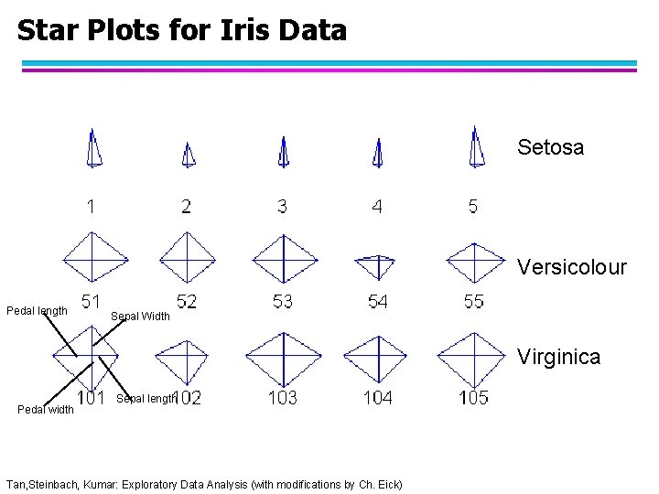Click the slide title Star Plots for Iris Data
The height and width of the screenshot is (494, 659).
point(182,31)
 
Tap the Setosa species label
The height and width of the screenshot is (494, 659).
point(550,147)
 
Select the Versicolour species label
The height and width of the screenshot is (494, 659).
point(571,267)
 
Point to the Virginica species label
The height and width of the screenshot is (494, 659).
point(558,357)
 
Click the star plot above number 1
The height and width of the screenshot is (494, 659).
point(93,148)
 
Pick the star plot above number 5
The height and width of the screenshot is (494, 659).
point(475,148)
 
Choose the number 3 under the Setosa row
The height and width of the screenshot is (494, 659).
point(282,207)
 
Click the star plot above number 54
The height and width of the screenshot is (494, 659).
point(375,264)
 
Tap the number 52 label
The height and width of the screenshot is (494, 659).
point(186,302)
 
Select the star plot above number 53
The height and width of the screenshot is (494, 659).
point(284,259)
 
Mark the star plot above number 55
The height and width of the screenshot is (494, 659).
point(474,261)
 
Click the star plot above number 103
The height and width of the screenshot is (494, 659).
point(284,358)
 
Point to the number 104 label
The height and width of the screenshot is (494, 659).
point(377,397)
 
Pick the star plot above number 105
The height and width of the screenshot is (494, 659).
point(474,358)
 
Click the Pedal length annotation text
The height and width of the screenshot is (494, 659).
point(37,311)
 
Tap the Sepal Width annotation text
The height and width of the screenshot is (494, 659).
point(140,317)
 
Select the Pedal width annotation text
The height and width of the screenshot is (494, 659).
point(46,409)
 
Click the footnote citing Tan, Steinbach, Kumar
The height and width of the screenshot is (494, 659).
point(203,483)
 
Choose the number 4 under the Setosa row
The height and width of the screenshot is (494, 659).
point(377,207)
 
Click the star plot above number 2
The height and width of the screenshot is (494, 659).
point(188,155)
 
